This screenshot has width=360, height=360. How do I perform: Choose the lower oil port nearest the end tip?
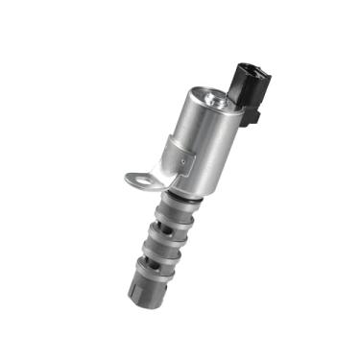click(x=155, y=270)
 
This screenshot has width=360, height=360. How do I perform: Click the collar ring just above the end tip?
click(x=148, y=281)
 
